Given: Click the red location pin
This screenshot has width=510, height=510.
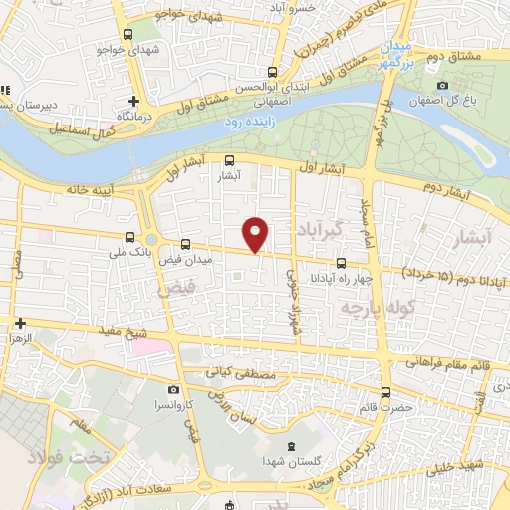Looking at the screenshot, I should click(257, 234).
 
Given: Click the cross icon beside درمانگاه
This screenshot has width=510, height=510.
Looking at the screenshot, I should click(134, 101).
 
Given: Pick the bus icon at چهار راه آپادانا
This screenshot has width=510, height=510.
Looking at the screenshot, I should click(342, 264).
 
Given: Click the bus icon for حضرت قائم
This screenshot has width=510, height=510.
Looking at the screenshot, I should click(385, 393).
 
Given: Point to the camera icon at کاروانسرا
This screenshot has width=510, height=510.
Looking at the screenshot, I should click(174, 389).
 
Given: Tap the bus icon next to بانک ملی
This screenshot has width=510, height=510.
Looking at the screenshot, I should click(129, 237).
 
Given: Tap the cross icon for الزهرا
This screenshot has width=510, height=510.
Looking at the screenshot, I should click(19, 323).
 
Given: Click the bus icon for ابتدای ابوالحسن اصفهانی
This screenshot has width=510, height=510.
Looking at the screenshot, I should click(273, 71).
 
